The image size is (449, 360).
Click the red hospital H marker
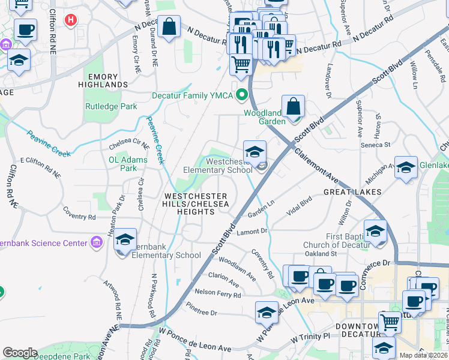71,20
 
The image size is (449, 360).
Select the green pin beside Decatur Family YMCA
243,95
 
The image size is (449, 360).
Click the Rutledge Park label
110,107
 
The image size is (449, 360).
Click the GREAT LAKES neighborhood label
352,192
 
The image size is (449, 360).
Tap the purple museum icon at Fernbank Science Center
96,242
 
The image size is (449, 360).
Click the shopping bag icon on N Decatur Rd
169,26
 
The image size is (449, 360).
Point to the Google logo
20,353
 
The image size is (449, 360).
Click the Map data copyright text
423,355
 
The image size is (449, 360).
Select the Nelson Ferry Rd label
217,294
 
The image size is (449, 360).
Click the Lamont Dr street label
251,231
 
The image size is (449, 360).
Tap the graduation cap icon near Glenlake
406,167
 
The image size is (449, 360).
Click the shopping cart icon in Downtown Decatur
390,322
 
